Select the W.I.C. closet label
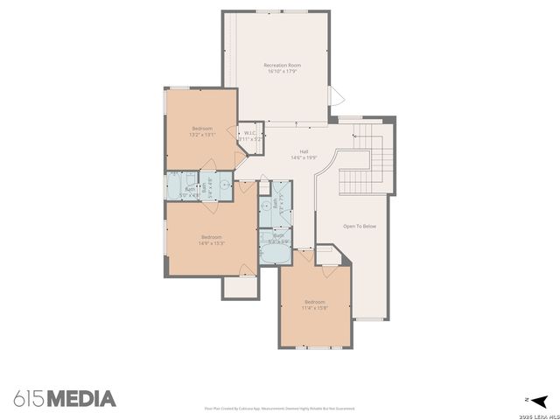tap(250, 133)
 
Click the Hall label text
tap(304, 151)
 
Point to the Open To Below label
tap(360, 227)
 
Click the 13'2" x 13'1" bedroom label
tap(202, 131)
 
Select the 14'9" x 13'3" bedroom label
tap(211, 240)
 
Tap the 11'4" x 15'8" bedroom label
tap(314, 304)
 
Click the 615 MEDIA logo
tap(65, 399)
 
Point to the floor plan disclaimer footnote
tap(279, 409)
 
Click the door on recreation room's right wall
tap(331, 94)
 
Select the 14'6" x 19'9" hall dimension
tap(304, 158)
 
